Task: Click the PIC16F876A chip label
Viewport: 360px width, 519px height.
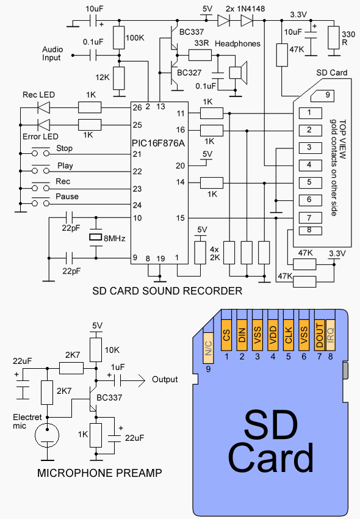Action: (158, 143)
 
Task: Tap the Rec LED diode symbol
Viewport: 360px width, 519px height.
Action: (44, 107)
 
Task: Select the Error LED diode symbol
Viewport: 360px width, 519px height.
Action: (44, 125)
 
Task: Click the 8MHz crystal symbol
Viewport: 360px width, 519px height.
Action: (96, 238)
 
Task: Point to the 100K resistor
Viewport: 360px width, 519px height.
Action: (119, 38)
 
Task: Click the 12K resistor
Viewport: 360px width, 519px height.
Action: (119, 78)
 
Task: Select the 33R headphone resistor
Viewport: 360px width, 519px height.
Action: (200, 56)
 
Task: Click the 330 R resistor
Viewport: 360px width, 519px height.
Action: (334, 38)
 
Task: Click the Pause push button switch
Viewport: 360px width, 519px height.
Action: (41, 201)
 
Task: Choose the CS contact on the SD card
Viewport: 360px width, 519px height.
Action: (226, 335)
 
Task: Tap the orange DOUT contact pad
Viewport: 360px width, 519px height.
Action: (319, 335)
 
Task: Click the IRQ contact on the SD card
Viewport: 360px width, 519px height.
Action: (331, 335)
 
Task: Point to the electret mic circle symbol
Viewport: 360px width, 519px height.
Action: (47, 435)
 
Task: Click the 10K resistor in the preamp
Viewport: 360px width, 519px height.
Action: (96, 350)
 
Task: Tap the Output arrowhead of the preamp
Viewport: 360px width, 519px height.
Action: (142, 380)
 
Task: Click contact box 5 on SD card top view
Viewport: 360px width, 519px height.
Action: (311, 183)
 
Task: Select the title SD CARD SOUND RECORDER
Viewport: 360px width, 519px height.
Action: (167, 291)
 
